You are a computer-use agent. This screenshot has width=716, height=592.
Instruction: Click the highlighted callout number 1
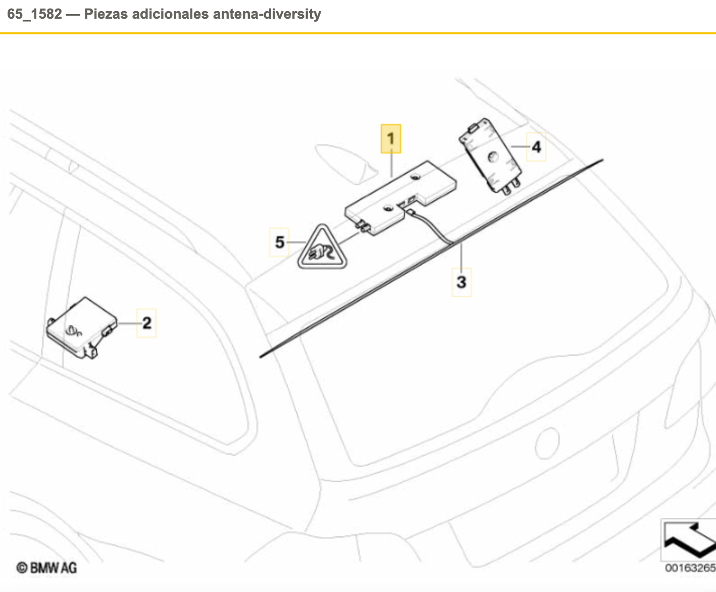tap(391, 138)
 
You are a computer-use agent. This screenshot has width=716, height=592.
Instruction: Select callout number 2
tap(146, 323)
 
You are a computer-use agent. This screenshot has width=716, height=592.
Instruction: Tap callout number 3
tap(461, 282)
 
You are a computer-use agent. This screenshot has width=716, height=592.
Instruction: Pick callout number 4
tap(536, 147)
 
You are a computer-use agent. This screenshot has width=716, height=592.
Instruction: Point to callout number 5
tap(279, 242)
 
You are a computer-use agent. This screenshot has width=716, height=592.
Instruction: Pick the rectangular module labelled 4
tap(490, 156)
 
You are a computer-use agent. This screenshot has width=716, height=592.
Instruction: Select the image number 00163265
tap(690, 568)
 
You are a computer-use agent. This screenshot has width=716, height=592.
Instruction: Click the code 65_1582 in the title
tap(34, 14)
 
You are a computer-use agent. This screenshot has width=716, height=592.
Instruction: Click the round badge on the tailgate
tap(547, 442)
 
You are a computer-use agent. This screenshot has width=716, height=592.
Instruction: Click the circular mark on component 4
tap(492, 158)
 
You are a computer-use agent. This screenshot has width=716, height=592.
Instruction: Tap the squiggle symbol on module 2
tap(74, 331)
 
